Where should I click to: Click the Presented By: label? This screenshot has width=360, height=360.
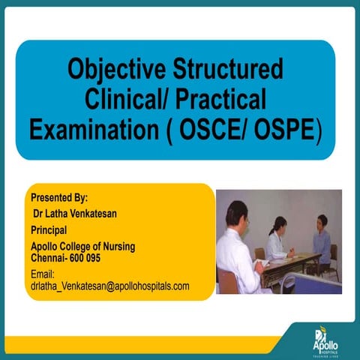pyautogui.click(x=59, y=198)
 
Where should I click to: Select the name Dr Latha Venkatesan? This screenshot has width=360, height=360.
pyautogui.click(x=76, y=214)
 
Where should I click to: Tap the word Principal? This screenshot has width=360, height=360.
pyautogui.click(x=50, y=230)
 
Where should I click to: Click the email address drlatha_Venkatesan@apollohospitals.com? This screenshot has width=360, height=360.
pyautogui.click(x=110, y=286)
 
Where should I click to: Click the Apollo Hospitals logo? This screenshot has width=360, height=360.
pyautogui.click(x=326, y=340)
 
